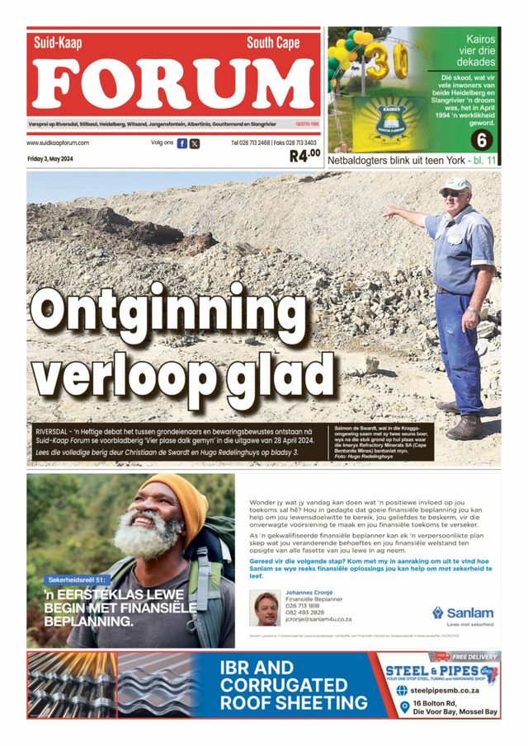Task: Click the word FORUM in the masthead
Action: (x=174, y=85)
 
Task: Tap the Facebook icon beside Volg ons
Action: (x=182, y=143)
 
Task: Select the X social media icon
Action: (x=195, y=143)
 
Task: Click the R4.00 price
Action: (x=304, y=155)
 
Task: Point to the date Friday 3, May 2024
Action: (x=50, y=158)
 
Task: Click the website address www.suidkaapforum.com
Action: (x=58, y=143)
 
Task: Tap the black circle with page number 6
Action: (x=481, y=139)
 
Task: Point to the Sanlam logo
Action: (x=464, y=612)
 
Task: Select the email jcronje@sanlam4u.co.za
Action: (x=318, y=619)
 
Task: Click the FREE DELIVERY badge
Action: (x=475, y=657)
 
